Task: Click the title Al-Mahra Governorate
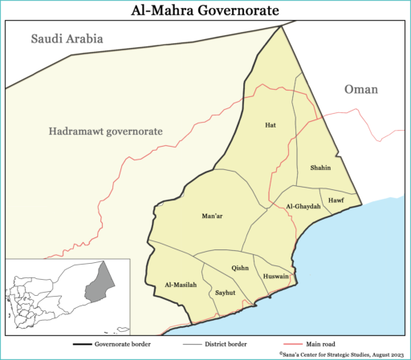tap(205, 10)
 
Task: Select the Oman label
tap(360, 90)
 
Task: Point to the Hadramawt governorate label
tap(105, 130)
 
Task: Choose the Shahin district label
tap(320, 168)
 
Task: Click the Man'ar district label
tap(212, 216)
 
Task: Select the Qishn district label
tap(240, 268)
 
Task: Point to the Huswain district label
tap(275, 277)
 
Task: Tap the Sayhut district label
tap(226, 293)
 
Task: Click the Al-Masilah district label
tap(180, 285)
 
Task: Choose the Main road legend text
tap(314, 344)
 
